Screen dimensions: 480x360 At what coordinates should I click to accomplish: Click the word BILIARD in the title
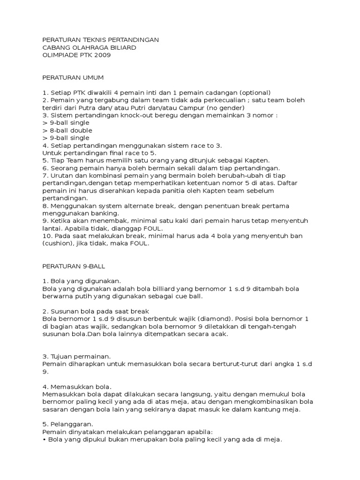pyautogui.click(x=123, y=47)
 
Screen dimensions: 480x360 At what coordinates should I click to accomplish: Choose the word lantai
pyautogui.click(x=52, y=228)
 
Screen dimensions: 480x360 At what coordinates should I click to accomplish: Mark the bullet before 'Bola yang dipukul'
pyautogui.click(x=45, y=440)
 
